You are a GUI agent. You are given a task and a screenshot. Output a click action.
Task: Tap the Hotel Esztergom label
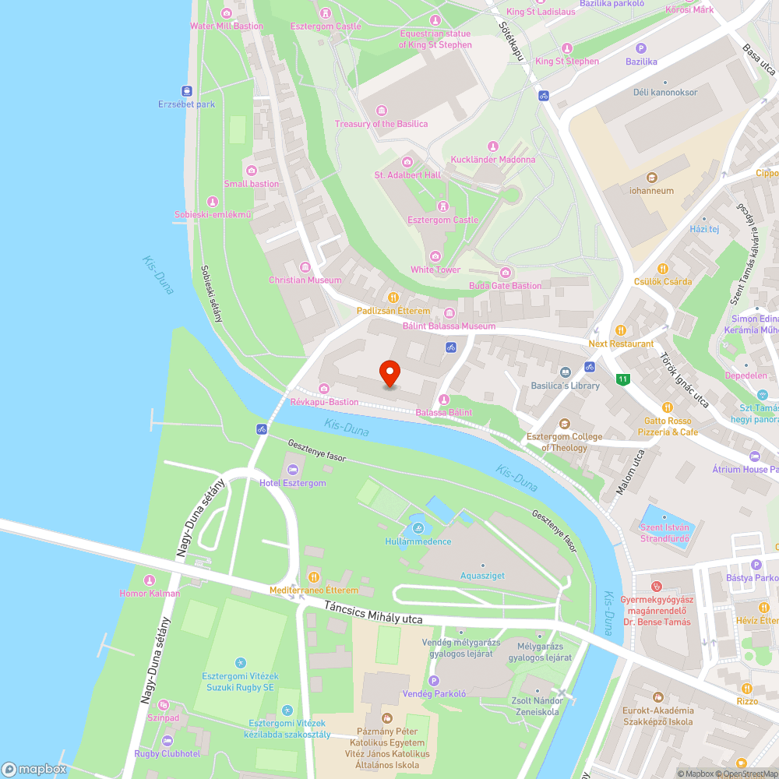293,483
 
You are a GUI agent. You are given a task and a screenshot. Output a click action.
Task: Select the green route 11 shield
622,380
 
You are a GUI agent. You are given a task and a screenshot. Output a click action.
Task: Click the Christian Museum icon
305,267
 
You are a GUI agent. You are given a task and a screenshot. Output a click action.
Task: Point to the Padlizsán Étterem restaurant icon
393,298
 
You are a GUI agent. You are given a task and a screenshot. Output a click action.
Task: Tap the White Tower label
435,270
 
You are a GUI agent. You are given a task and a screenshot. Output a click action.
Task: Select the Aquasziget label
483,576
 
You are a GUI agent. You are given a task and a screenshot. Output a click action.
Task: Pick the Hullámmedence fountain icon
418,528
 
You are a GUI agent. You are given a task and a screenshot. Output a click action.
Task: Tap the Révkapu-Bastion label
324,402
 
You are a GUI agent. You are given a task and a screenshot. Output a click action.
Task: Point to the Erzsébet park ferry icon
187,90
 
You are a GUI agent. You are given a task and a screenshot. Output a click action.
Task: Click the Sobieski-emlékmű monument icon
213,202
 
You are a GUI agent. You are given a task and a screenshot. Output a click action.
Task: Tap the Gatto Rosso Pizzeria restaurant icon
668,407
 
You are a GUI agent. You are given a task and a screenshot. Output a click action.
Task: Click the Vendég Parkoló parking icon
434,681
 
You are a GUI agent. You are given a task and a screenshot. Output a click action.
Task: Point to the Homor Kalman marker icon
149,580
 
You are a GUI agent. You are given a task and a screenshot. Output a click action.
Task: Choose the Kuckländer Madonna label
492,160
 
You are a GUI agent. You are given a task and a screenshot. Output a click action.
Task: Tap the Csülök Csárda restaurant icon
663,268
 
